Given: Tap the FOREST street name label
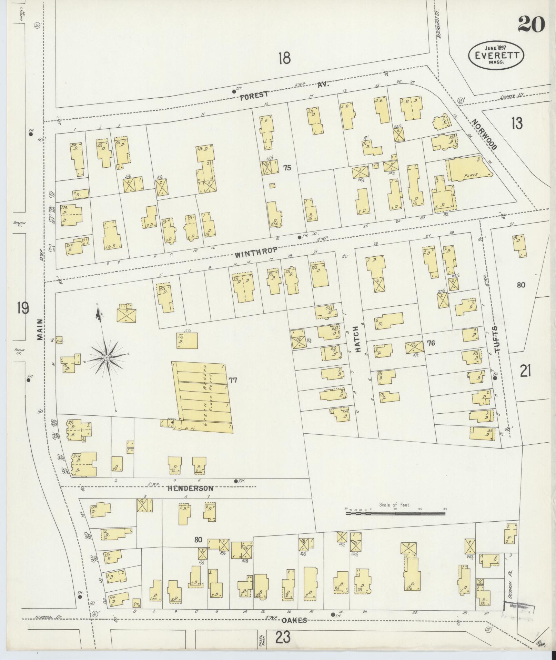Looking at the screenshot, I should coord(254,96).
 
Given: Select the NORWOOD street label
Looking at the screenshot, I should coord(484,135).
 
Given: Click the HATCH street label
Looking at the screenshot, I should coord(357,339).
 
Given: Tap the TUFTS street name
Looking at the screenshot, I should coord(497,339).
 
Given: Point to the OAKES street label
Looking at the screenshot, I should coord(294,620).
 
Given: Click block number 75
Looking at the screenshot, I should coord(287,168).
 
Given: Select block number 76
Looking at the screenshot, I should coord(431,343).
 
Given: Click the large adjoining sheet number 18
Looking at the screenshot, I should coord(284,58).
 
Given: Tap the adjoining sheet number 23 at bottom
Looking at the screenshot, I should coord(284,637).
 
